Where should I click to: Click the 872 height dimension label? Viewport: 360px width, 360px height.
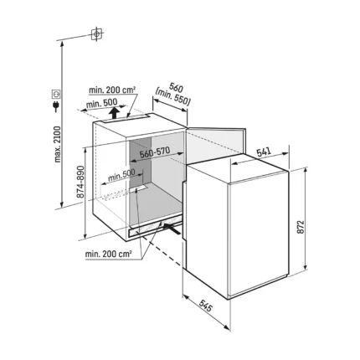pyautogui.click(x=300, y=227)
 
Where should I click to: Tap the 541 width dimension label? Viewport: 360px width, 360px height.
pyautogui.click(x=264, y=152)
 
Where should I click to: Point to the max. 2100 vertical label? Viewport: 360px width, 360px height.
pyautogui.click(x=58, y=144)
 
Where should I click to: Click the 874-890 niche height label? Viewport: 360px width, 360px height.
pyautogui.click(x=80, y=182)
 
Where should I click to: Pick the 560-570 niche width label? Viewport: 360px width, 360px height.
pyautogui.click(x=155, y=152)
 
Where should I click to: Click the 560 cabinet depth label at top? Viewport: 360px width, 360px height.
pyautogui.click(x=176, y=88)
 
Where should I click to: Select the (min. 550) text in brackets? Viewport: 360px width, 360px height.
pyautogui.click(x=173, y=96)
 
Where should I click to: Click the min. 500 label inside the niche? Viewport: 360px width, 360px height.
pyautogui.click(x=121, y=175)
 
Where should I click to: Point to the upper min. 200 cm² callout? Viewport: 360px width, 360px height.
pyautogui.click(x=112, y=90)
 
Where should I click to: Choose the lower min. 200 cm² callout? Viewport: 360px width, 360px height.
pyautogui.click(x=108, y=254)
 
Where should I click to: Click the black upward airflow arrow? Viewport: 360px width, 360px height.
pyautogui.click(x=113, y=114)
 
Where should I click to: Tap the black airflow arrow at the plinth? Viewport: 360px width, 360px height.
pyautogui.click(x=171, y=229)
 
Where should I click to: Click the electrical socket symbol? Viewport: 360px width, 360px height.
pyautogui.click(x=56, y=94)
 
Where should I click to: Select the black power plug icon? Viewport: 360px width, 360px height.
pyautogui.click(x=56, y=105)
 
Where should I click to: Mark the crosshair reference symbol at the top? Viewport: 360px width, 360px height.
pyautogui.click(x=96, y=34)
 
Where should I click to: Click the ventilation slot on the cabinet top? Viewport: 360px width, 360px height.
pyautogui.click(x=125, y=119)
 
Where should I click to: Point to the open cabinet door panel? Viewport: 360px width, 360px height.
pyautogui.click(x=216, y=143)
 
